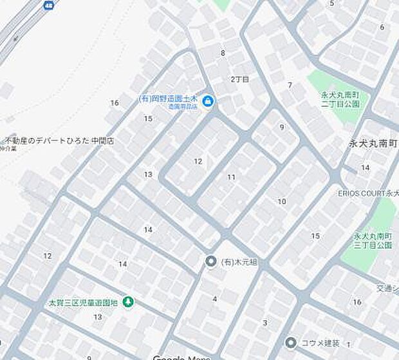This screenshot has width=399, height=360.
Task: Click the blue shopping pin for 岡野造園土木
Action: (x=209, y=100)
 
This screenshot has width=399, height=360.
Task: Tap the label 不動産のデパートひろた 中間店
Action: (x=59, y=140)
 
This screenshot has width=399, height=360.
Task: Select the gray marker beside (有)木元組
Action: (x=210, y=261)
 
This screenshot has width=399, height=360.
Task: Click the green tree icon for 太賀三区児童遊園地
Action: (x=128, y=301)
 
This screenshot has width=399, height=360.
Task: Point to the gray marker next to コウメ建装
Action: (x=292, y=342)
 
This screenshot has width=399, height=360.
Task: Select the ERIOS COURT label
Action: (x=367, y=193)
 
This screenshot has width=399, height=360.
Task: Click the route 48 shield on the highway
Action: (x=49, y=5)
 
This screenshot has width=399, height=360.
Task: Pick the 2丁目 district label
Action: (x=239, y=79)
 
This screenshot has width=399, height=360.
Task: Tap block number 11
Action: (x=231, y=176)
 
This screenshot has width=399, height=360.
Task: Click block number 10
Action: (x=281, y=202)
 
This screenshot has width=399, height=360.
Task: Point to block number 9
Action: (x=281, y=127)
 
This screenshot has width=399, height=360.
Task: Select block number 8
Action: (x=223, y=53)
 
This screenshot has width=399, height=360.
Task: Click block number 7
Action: (x=290, y=85)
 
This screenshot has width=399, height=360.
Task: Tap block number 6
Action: (x=382, y=27)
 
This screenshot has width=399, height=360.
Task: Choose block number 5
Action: (x=332, y=4)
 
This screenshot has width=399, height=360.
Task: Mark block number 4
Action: (x=215, y=299)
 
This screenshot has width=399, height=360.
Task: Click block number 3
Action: (x=264, y=322)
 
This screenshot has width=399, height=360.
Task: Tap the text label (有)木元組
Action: (x=239, y=261)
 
